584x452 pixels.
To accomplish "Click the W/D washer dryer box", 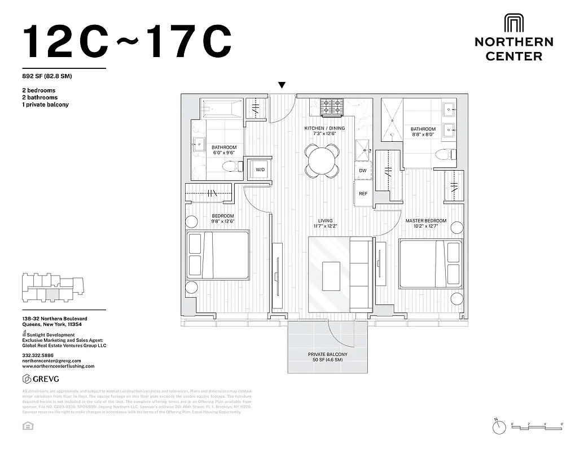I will point(260,169).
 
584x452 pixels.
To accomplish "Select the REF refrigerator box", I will point(363,194).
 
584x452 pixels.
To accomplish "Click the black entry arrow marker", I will point(282,85).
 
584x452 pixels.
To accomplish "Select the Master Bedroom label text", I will point(425,220).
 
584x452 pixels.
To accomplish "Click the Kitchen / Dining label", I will point(324,128).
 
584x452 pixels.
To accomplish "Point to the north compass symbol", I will point(498,428).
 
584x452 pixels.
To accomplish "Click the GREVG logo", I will point(41,379).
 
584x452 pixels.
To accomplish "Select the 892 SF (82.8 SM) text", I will point(47,76).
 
